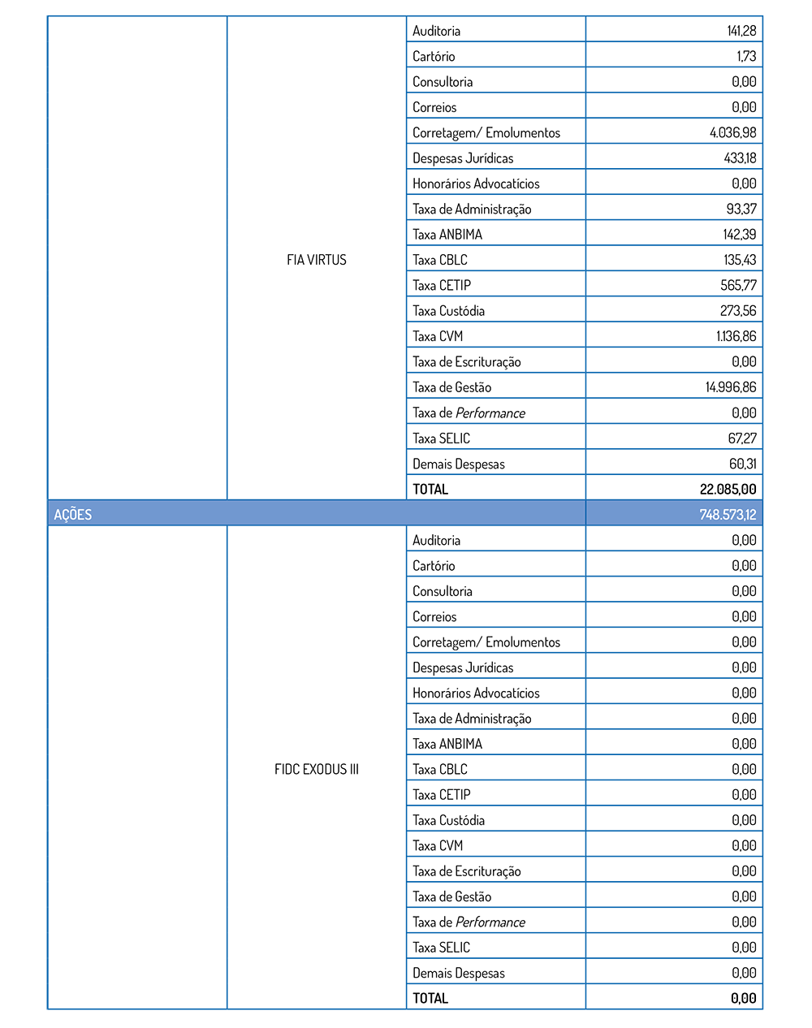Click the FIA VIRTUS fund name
click(x=317, y=260)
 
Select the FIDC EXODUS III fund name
click(x=317, y=769)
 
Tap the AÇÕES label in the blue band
click(x=73, y=515)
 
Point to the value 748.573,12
click(x=728, y=515)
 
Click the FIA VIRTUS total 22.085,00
click(x=728, y=489)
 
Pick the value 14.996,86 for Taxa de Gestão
click(x=730, y=387)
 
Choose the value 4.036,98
click(x=732, y=132)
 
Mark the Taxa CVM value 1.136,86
click(x=736, y=336)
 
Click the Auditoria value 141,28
click(x=741, y=31)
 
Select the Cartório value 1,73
click(x=746, y=56)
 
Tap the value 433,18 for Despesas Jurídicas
click(x=740, y=158)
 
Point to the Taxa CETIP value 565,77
click(x=738, y=285)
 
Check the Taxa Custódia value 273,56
click(x=738, y=311)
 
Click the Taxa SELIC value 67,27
click(x=742, y=438)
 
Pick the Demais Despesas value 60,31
click(x=742, y=464)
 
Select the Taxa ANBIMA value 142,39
click(x=739, y=235)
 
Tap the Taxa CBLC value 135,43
click(x=740, y=260)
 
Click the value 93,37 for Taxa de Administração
click(x=741, y=209)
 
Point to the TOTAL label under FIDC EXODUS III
click(x=430, y=998)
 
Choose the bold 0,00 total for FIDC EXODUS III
click(x=743, y=998)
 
